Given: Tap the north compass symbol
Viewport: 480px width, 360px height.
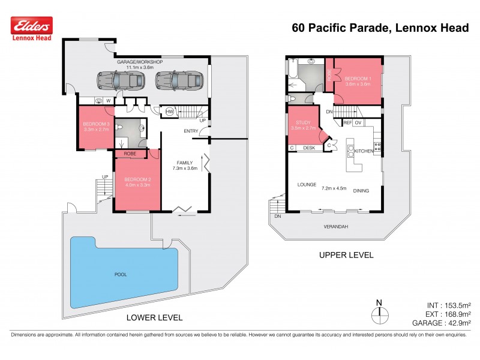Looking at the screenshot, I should pos(379,313).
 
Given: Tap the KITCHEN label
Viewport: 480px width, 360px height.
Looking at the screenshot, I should pos(364,151).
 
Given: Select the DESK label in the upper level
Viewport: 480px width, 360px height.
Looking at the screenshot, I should pos(309,148).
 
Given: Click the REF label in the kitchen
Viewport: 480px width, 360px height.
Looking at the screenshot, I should pos(347,122).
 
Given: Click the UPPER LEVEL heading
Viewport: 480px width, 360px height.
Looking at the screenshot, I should pos(346,255).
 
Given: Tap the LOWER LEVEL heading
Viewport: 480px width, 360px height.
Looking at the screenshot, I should pos(155,317).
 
